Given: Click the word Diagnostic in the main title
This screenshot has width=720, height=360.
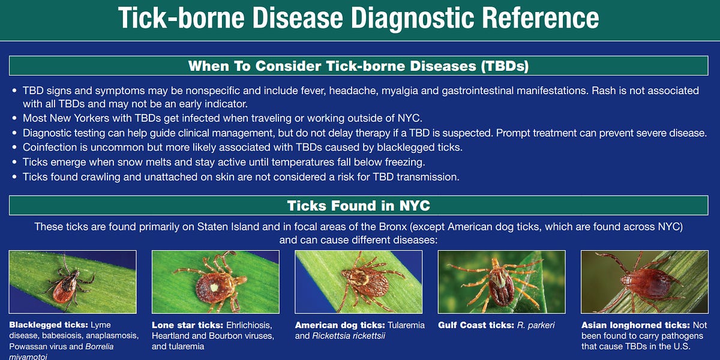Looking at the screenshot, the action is [x=413, y=18].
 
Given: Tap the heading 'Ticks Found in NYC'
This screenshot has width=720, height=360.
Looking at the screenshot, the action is [x=358, y=206].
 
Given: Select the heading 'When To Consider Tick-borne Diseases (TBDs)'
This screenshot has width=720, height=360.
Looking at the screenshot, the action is [x=358, y=66].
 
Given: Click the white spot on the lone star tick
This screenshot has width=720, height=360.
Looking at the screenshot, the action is [x=214, y=287].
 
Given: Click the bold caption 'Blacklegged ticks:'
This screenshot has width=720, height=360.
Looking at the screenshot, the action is [x=49, y=325].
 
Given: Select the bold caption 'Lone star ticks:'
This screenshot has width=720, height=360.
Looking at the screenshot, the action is [x=188, y=325].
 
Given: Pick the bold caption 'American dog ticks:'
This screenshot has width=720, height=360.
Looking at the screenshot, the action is [x=340, y=325].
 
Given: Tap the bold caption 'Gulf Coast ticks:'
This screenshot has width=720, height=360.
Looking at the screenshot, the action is [x=476, y=325].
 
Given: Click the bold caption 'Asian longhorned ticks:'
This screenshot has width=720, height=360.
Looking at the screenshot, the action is [x=635, y=325].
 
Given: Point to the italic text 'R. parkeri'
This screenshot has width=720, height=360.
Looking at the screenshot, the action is [x=536, y=325].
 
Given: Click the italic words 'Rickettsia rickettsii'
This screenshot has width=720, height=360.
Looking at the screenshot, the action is [x=349, y=336].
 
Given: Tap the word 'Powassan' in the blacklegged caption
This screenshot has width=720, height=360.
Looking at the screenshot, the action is [x=29, y=347].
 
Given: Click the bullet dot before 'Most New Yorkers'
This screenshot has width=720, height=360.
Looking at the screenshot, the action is [x=14, y=118].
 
